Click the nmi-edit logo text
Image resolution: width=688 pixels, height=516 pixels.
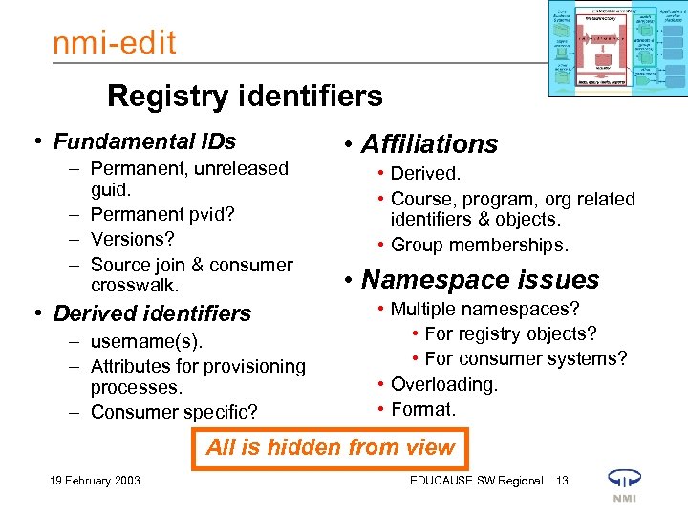click(115, 44)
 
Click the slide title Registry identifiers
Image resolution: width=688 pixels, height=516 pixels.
click(245, 96)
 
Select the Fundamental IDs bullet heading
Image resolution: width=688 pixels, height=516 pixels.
click(144, 142)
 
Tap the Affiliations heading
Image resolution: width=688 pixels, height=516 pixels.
click(429, 144)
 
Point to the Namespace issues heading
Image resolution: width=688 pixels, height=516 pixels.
click(480, 280)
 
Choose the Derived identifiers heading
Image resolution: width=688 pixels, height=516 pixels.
click(152, 313)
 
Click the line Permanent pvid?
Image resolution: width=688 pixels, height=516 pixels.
click(163, 214)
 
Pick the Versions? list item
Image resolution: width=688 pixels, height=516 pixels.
click(132, 239)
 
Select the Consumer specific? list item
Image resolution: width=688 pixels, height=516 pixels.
click(174, 412)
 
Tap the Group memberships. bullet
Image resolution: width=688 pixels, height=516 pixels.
click(480, 246)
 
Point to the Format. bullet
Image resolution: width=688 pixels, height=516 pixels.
click(423, 409)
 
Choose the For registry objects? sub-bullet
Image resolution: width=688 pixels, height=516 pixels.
click(510, 333)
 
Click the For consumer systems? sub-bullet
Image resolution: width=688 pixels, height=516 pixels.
click(526, 359)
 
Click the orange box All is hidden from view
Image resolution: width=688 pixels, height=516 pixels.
click(331, 447)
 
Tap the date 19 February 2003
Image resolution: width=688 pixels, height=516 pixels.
click(95, 480)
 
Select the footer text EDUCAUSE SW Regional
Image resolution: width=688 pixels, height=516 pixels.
click(476, 480)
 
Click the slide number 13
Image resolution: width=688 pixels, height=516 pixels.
click(562, 480)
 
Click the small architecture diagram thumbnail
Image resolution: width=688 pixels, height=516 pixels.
click(616, 48)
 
